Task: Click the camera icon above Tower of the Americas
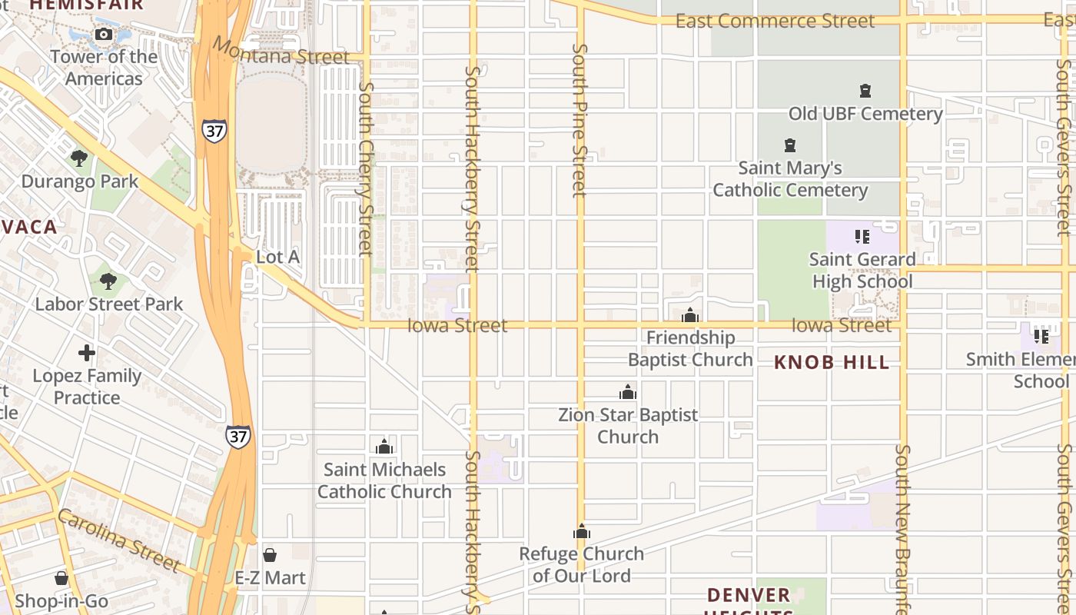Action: pyautogui.click(x=103, y=34)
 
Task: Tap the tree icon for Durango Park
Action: pyautogui.click(x=78, y=158)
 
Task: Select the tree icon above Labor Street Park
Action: pyautogui.click(x=108, y=281)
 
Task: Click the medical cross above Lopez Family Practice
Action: pyautogui.click(x=87, y=353)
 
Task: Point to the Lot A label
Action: pyautogui.click(x=277, y=257)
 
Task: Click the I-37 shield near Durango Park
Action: pyautogui.click(x=215, y=131)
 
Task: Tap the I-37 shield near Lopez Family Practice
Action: pyautogui.click(x=237, y=437)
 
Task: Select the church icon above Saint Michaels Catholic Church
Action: pyautogui.click(x=384, y=447)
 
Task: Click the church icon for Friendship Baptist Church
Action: pyautogui.click(x=689, y=315)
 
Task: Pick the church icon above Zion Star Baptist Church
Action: pyautogui.click(x=628, y=392)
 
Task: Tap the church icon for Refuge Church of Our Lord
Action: pyautogui.click(x=582, y=531)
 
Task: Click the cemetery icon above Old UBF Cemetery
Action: pyautogui.click(x=865, y=91)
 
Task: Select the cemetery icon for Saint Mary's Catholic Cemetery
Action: pyautogui.click(x=789, y=145)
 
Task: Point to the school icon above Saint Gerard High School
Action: pyautogui.click(x=862, y=237)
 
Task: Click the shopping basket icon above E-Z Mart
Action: pyautogui.click(x=270, y=555)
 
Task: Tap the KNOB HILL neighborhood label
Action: pyautogui.click(x=832, y=362)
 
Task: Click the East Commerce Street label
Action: pyautogui.click(x=775, y=22)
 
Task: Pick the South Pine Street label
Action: pyautogui.click(x=580, y=120)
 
